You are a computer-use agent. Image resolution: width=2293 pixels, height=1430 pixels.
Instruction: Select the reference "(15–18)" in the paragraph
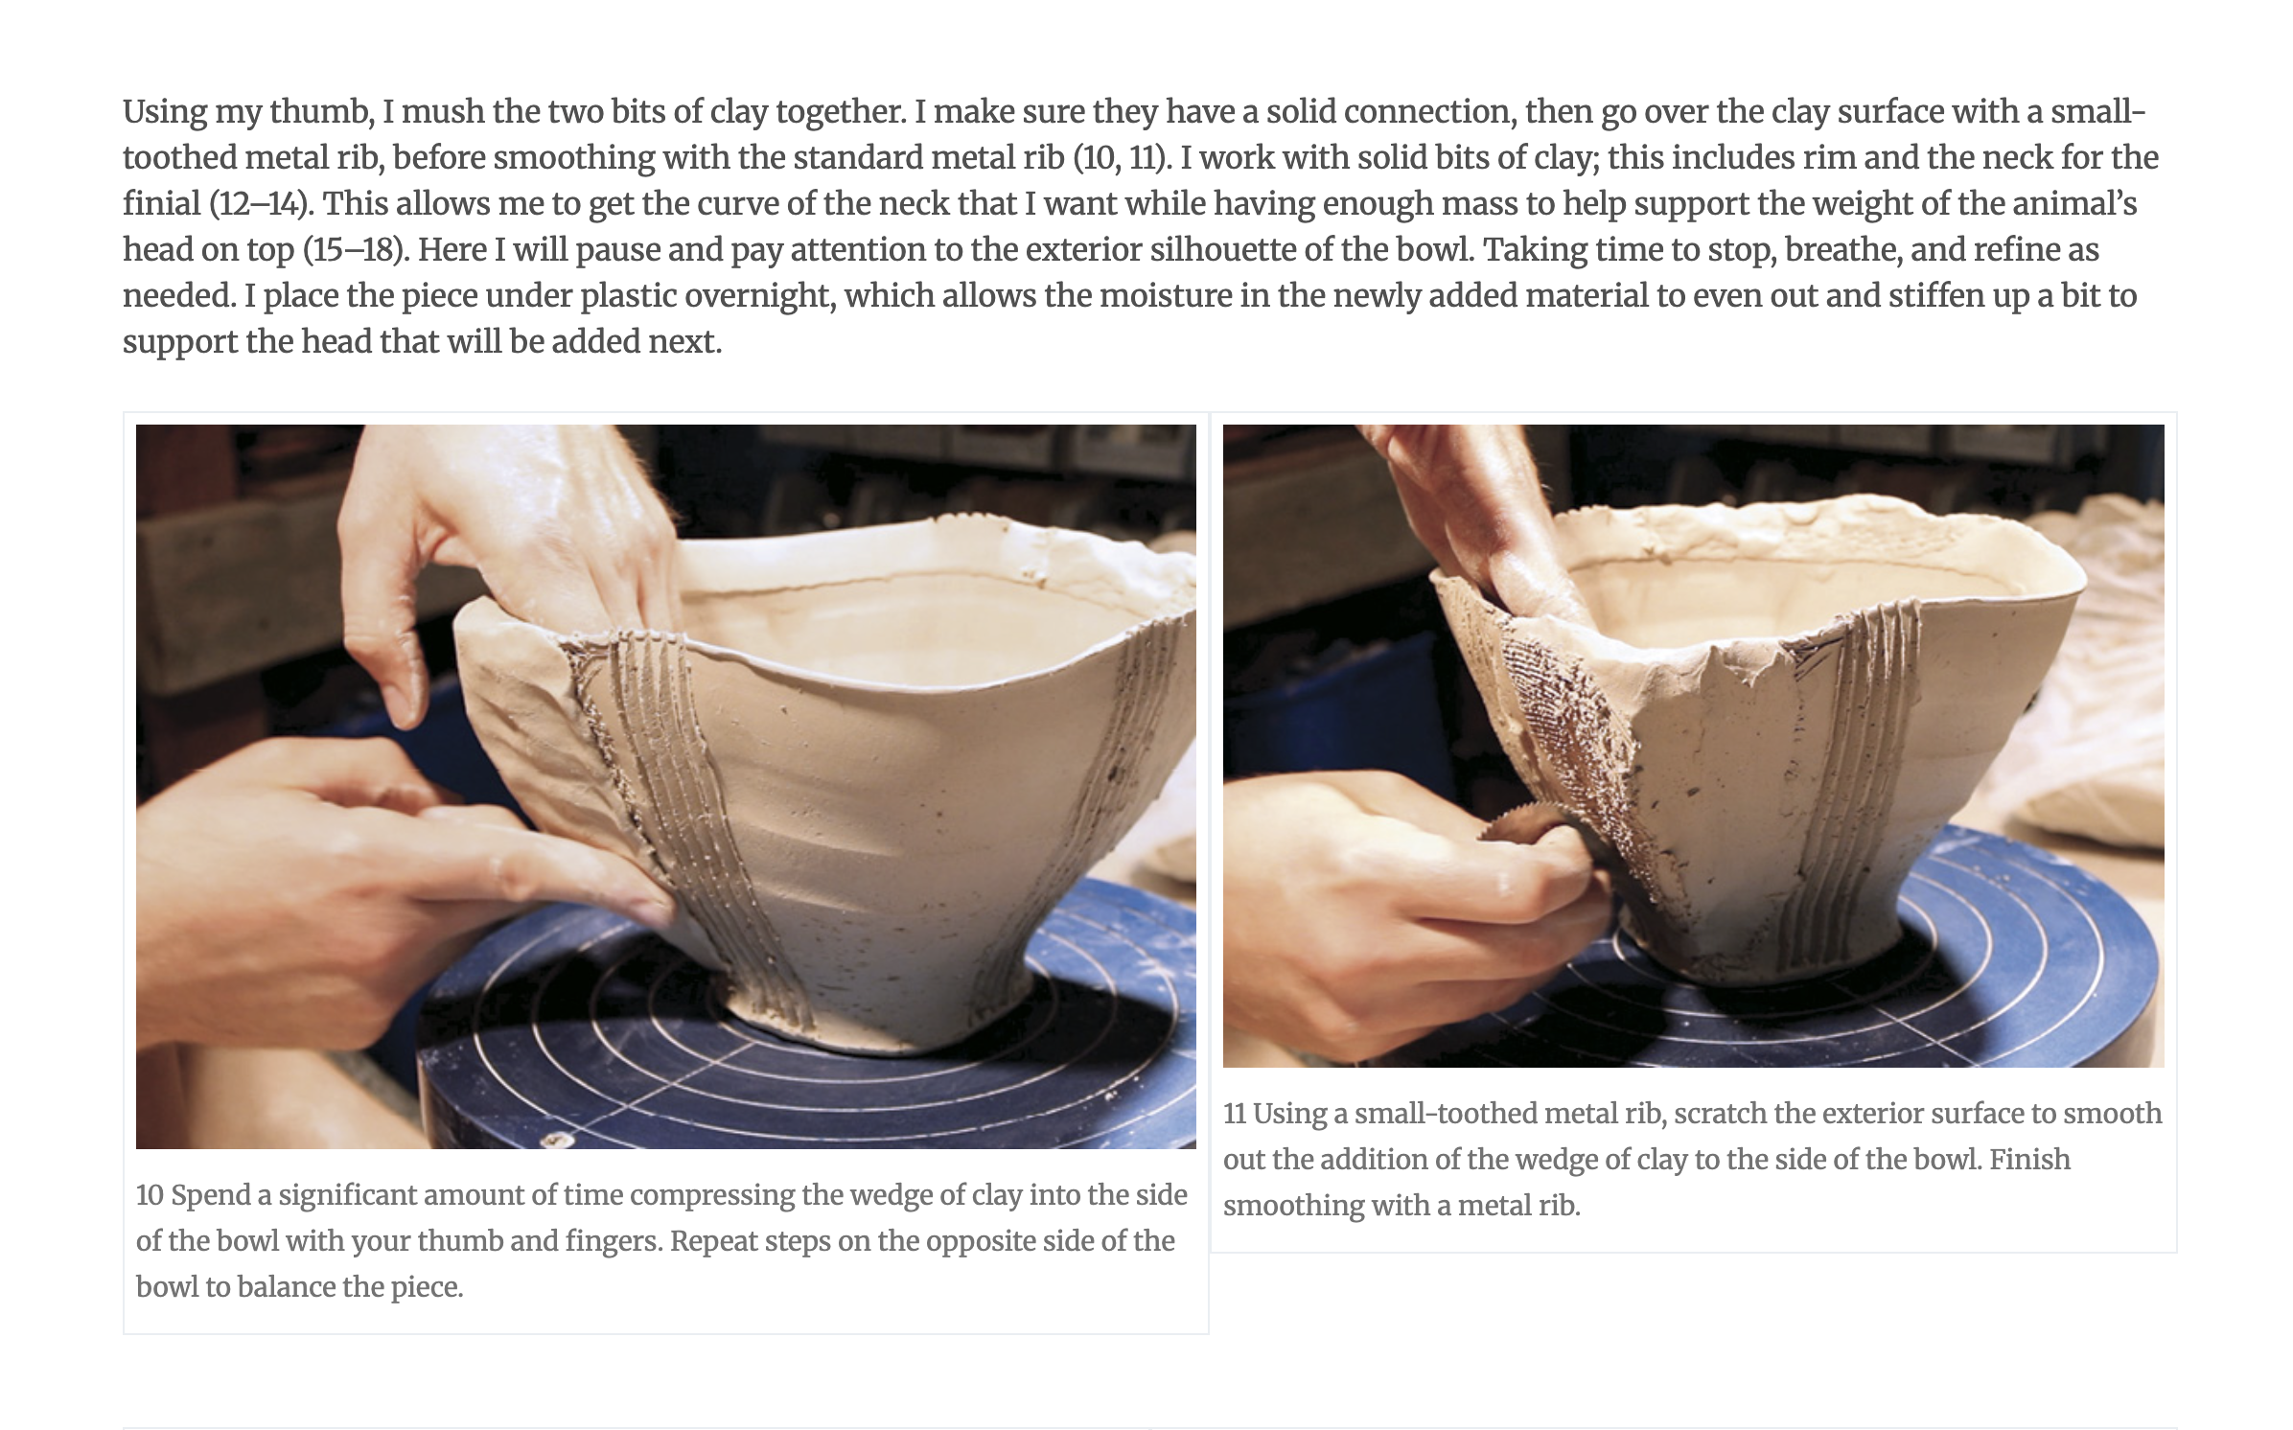tap(357, 250)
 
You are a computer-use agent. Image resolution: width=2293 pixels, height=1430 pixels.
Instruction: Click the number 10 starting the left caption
tap(150, 1195)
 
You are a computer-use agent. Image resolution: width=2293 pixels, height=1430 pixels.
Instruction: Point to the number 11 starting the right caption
tap(1234, 1114)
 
